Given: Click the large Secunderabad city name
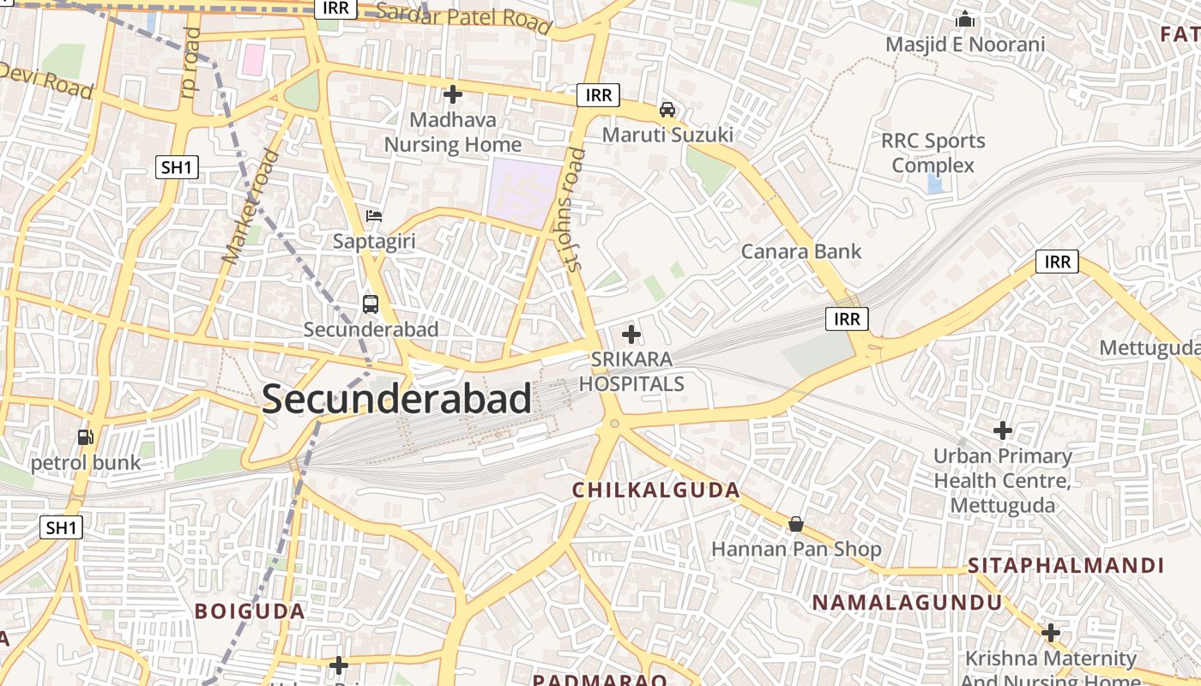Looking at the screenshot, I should point(396,400).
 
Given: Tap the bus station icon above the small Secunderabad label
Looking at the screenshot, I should point(371,304).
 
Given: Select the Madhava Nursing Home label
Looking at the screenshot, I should point(452,132).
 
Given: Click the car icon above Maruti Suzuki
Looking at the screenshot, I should point(667,109).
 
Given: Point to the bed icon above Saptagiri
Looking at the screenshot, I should point(374,215).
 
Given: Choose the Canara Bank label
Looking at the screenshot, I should point(800,251).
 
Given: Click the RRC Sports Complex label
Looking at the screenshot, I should point(933,153).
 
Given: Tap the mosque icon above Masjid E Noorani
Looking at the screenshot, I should point(965,18).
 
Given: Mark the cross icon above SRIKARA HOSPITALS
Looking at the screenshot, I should point(631,334).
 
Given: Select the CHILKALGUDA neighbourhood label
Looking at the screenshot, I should point(656,490).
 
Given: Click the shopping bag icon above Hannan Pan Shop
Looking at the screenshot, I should point(796,523).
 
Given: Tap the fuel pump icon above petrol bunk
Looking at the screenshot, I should point(85,436).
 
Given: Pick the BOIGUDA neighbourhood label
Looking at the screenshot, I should point(250,611).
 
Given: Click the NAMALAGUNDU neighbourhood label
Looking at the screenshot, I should point(907,603).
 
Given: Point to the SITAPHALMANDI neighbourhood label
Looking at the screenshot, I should point(1065,566).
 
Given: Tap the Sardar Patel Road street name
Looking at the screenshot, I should point(463,18).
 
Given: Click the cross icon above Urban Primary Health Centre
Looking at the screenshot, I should point(1002,430).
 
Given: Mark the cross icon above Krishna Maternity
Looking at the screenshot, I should point(1051,633).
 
